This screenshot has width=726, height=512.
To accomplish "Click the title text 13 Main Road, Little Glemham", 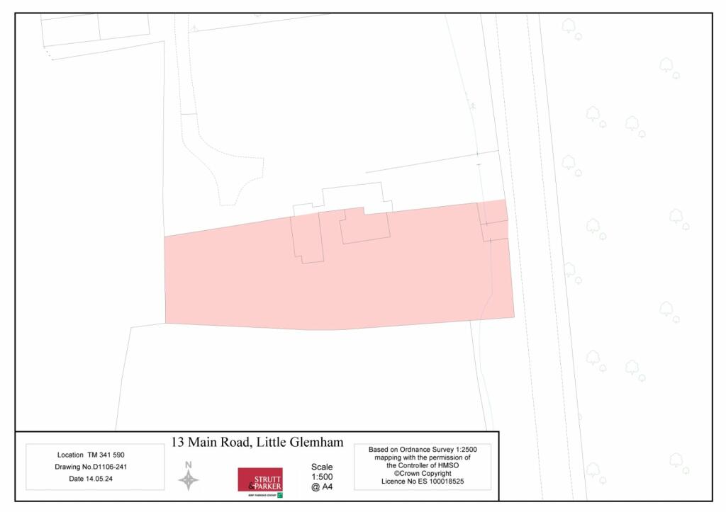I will click(257, 443).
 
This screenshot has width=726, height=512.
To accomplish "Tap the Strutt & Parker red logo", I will click(259, 480).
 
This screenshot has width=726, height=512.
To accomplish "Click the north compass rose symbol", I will click(188, 481).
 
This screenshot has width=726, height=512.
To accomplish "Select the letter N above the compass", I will click(188, 465).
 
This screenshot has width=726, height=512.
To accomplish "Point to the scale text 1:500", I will click(321, 477).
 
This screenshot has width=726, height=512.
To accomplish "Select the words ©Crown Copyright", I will click(423, 473).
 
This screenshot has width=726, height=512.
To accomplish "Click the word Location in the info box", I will click(70, 454).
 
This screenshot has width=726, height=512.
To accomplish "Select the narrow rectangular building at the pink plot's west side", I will click(307, 239).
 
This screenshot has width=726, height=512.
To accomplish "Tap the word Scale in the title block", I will click(321, 467).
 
